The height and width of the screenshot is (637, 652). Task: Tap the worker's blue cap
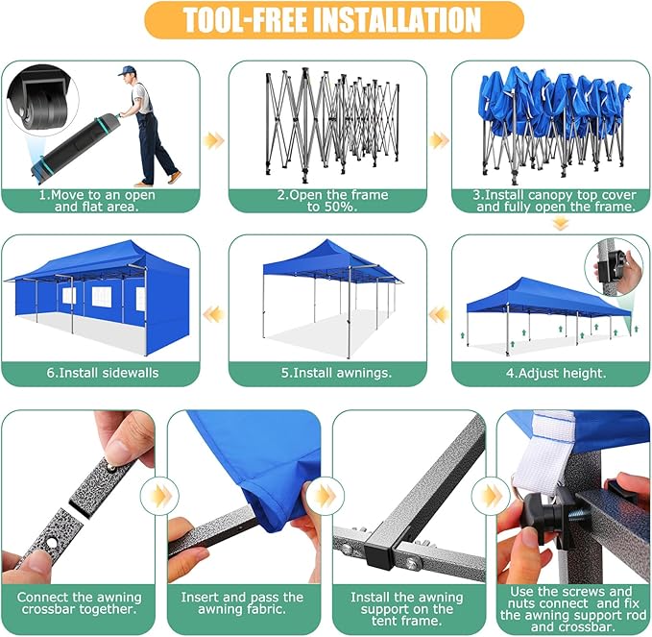pyautogui.click(x=126, y=70)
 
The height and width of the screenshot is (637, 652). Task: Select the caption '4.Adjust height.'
pyautogui.click(x=556, y=373)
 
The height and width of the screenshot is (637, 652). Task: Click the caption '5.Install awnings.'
pyautogui.click(x=336, y=373)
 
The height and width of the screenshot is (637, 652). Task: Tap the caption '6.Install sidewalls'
pyautogui.click(x=103, y=373)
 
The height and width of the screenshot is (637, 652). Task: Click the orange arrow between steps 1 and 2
pyautogui.click(x=214, y=140)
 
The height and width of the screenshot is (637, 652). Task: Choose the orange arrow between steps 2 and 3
pyautogui.click(x=439, y=140)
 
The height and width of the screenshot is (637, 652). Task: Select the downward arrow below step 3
pyautogui.click(x=561, y=225)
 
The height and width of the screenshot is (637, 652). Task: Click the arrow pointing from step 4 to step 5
pyautogui.click(x=439, y=315)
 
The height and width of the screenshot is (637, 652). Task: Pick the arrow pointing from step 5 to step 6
pyautogui.click(x=214, y=314)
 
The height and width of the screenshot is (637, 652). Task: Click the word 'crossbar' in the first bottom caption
pyautogui.click(x=49, y=609)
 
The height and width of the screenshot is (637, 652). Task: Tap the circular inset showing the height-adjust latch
pyautogui.click(x=615, y=267)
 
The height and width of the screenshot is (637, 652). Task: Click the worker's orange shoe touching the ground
pyautogui.click(x=175, y=177)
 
